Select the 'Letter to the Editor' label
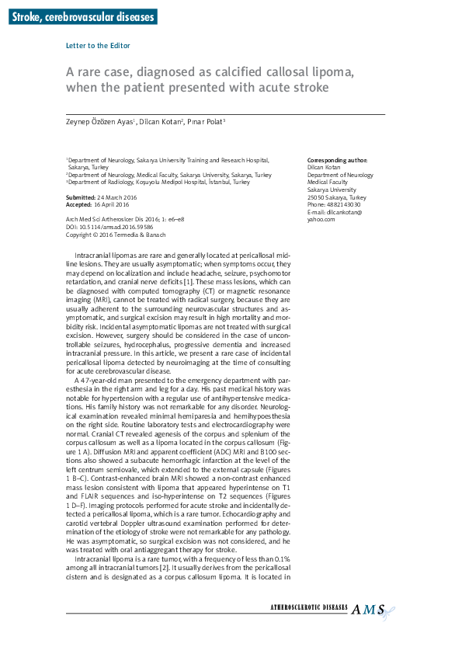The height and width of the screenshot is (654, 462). point(98,46)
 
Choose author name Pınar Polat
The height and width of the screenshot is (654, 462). point(207,123)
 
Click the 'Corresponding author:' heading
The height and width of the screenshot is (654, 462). point(338,160)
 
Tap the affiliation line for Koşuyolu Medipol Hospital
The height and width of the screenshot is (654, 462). point(158,182)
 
